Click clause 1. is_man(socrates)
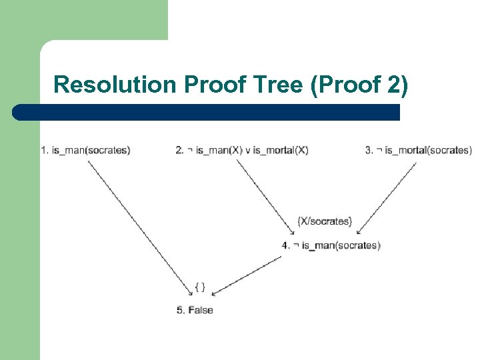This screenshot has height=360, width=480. pyautogui.click(x=85, y=150)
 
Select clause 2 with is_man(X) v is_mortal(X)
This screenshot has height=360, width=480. pyautogui.click(x=242, y=150)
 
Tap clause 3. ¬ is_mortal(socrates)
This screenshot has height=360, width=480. pyautogui.click(x=418, y=150)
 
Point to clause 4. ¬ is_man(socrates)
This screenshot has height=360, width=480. pyautogui.click(x=331, y=245)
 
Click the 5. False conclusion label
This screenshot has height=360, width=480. pyautogui.click(x=195, y=309)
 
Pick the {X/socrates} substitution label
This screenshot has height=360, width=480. pyautogui.click(x=325, y=221)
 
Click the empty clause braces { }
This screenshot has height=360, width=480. pyautogui.click(x=200, y=287)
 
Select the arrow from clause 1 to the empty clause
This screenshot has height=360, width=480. pyautogui.click(x=140, y=223)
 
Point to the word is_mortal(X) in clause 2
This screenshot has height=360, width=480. pyautogui.click(x=281, y=150)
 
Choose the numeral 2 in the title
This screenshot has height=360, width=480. pyautogui.click(x=393, y=85)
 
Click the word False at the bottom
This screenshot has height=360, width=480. pyautogui.click(x=201, y=309)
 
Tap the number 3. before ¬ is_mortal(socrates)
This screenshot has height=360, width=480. pyautogui.click(x=369, y=150)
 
